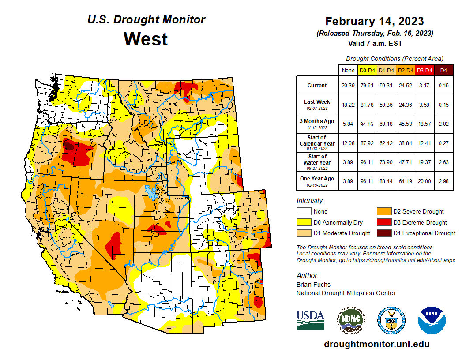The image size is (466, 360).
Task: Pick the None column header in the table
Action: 348,70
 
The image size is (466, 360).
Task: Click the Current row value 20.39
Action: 348,86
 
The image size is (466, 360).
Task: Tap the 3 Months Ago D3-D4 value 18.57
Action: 425,124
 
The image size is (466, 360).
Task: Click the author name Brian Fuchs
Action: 313,285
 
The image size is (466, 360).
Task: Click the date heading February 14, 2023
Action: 375,21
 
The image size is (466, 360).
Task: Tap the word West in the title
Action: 146,39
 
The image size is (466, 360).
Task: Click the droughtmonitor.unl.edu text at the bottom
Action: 376,344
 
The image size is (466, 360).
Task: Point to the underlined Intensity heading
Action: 310,200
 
